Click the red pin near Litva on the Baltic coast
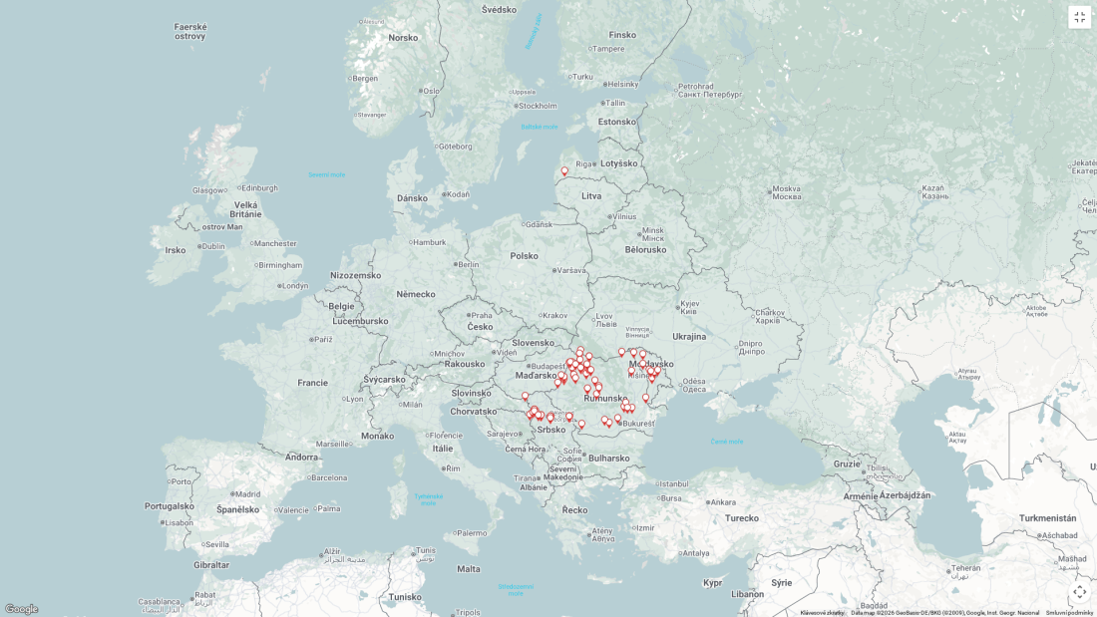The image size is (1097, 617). tap(564, 171)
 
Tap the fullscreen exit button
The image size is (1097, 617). tap(1079, 17)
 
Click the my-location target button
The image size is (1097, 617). tap(1079, 591)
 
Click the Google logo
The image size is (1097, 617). tap(21, 609)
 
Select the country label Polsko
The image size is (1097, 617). tap(524, 256)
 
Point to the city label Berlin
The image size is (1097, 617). tap(468, 264)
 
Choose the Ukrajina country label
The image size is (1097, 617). tap(688, 337)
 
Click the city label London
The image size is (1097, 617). tap(294, 286)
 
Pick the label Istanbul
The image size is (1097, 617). tap(673, 484)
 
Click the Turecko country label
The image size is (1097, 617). tap(742, 518)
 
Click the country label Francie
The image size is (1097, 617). tap(312, 383)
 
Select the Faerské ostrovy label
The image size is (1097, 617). tap(189, 32)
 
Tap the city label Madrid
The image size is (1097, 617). tap(247, 494)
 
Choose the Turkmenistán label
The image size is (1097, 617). tap(1047, 518)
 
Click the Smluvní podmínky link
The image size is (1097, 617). tap(1069, 613)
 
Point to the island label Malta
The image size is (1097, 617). tap(469, 569)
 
